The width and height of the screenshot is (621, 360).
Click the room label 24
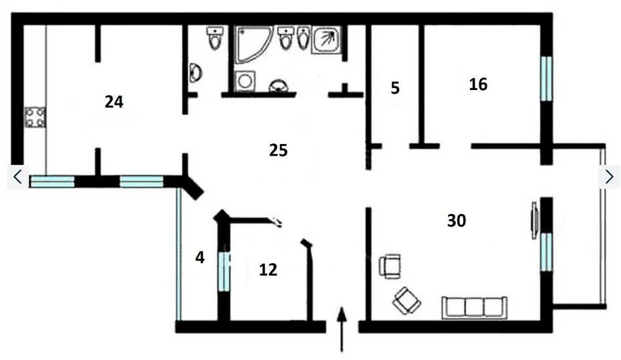(x=114, y=102)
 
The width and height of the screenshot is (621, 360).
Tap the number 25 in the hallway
(x=278, y=150)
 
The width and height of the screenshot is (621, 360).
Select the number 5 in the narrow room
(x=395, y=88)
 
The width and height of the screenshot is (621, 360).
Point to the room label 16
(x=478, y=84)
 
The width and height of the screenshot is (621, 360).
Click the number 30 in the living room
(x=456, y=220)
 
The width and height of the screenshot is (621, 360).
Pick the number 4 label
(x=200, y=258)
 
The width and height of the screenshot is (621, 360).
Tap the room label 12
(x=268, y=270)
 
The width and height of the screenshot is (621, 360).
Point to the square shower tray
(x=327, y=40)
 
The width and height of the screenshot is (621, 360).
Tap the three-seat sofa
(x=474, y=307)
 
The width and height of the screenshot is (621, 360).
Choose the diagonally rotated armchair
(x=407, y=300)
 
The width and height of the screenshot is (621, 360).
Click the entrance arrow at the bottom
(x=342, y=328)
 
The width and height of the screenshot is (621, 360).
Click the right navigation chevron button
(x=609, y=177)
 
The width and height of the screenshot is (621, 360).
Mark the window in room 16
(x=546, y=78)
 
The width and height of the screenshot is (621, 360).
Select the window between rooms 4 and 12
(x=224, y=271)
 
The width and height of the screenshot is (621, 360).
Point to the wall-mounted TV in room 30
(x=534, y=220)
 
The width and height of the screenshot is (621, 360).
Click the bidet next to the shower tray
(x=304, y=38)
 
